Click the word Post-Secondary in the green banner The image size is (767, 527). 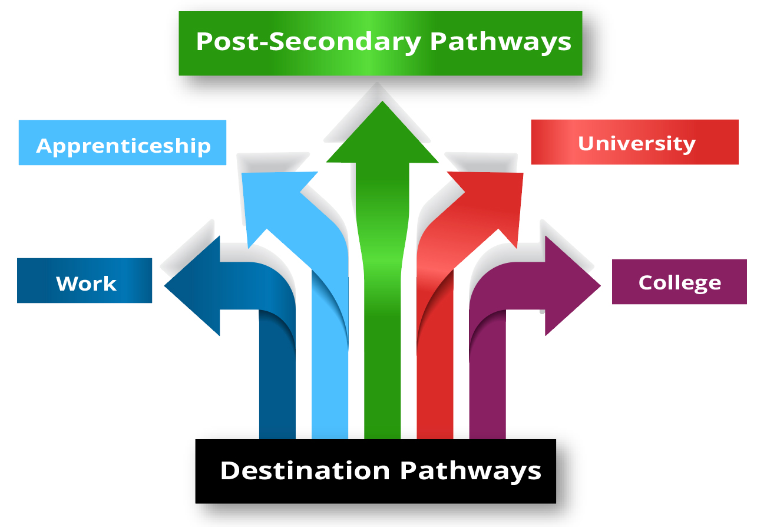[x=308, y=42]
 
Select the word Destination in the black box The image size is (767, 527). [x=305, y=470]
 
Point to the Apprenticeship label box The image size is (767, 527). [x=123, y=143]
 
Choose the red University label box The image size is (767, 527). [x=634, y=142]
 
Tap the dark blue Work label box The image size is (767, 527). [x=84, y=281]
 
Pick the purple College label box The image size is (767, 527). [x=679, y=282]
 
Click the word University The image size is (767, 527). [x=637, y=143]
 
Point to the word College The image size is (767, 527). [x=679, y=282]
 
